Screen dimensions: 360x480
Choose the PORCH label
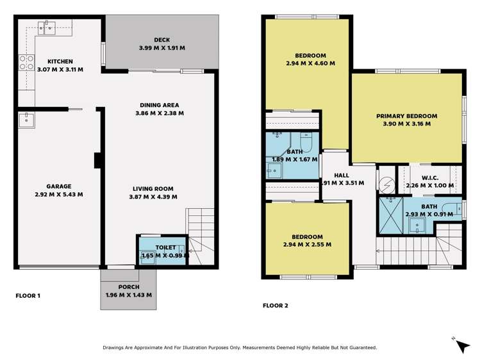[128, 286]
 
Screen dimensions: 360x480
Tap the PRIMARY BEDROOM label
[406, 116]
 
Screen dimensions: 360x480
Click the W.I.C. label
[429, 179]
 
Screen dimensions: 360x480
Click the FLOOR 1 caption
[28, 296]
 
